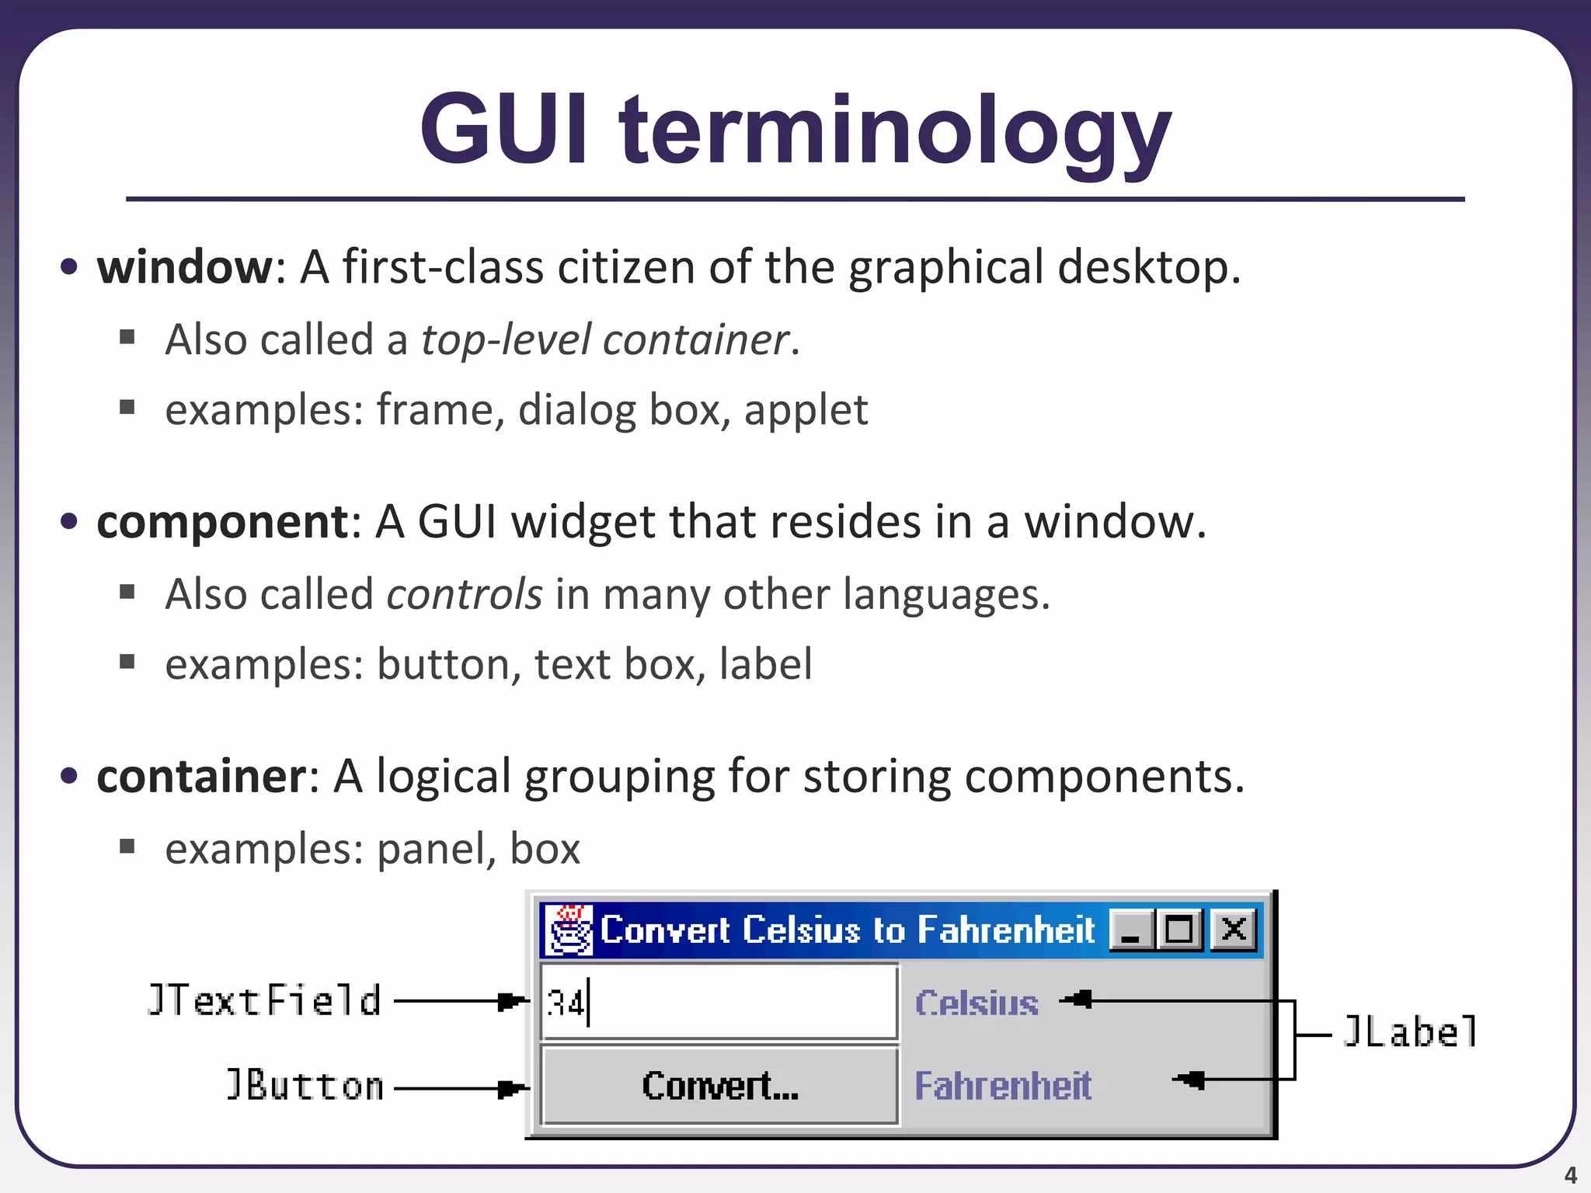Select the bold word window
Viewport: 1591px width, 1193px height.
[184, 267]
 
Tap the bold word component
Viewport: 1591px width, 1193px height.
[222, 521]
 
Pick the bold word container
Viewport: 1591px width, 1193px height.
[202, 776]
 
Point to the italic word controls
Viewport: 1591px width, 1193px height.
[464, 595]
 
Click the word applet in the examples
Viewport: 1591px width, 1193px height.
[806, 410]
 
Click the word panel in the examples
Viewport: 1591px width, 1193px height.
[435, 849]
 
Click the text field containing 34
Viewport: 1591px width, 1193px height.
[719, 1002]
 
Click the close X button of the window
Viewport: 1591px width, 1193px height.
[1234, 929]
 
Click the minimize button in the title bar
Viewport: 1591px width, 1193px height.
[1131, 929]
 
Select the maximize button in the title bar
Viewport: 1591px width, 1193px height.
[1179, 929]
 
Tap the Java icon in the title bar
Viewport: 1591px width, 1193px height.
[569, 929]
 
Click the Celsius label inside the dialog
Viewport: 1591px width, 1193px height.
[977, 1003]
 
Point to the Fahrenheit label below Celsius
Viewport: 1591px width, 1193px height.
[1003, 1086]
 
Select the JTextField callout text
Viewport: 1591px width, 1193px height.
[264, 1000]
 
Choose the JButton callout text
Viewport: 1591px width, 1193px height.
[305, 1086]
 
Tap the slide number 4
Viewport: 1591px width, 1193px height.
[1570, 1175]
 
